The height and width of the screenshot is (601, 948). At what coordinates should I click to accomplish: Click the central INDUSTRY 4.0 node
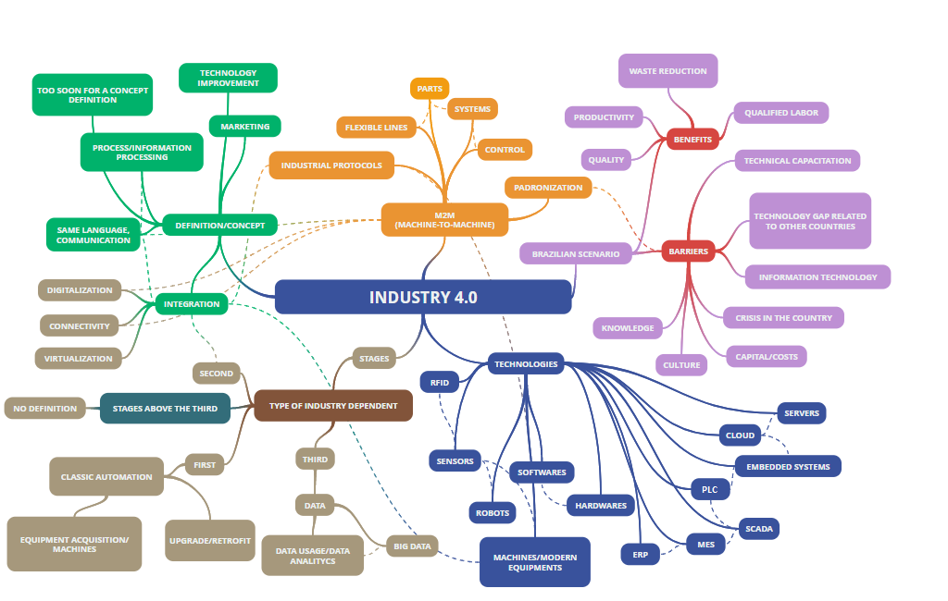click(x=423, y=297)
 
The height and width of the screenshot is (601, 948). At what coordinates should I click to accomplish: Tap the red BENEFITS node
click(x=692, y=140)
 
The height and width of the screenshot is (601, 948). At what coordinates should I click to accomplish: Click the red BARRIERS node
click(x=688, y=251)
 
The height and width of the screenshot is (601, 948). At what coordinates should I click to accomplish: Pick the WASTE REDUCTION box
click(x=667, y=71)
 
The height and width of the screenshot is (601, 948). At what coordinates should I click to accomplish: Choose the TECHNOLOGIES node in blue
click(x=526, y=364)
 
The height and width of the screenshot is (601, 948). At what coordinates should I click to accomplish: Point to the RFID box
click(x=439, y=381)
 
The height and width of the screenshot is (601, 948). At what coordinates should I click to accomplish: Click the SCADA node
click(x=759, y=529)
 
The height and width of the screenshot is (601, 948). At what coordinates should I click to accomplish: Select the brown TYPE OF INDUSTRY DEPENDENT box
click(x=333, y=405)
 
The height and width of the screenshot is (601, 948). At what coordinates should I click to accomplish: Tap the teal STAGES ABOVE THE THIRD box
click(x=165, y=408)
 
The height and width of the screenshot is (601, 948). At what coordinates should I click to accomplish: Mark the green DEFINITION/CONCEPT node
click(x=219, y=225)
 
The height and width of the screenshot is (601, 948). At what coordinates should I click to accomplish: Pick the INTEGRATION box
click(x=192, y=303)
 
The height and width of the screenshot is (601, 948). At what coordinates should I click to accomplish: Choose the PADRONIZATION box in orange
click(x=549, y=188)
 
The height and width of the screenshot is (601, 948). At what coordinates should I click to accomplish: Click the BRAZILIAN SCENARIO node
click(x=576, y=252)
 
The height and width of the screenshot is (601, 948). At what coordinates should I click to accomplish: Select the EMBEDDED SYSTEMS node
click(x=788, y=467)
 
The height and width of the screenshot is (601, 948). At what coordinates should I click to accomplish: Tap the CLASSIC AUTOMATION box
click(x=106, y=477)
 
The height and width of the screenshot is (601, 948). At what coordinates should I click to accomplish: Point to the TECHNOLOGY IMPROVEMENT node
click(x=228, y=78)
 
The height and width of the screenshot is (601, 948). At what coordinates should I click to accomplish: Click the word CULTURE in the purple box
click(x=681, y=365)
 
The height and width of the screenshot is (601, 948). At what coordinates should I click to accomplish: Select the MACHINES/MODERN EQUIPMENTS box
click(x=535, y=562)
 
